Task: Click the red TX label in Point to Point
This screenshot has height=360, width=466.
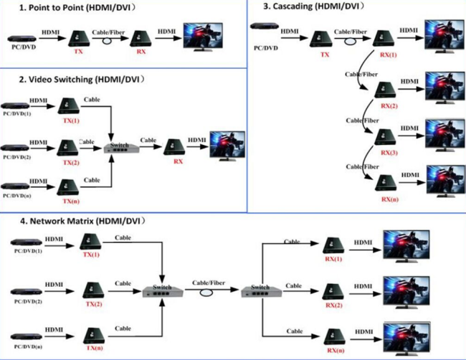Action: pyautogui.click(x=78, y=52)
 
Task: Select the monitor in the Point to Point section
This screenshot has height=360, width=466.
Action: pyautogui.click(x=203, y=37)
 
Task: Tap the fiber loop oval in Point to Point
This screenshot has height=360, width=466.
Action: pyautogui.click(x=107, y=41)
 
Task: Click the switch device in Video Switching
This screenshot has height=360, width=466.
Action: pyautogui.click(x=121, y=148)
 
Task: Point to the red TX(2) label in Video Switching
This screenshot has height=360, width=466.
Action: pyautogui.click(x=71, y=163)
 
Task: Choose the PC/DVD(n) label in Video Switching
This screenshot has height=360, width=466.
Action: pyautogui.click(x=17, y=196)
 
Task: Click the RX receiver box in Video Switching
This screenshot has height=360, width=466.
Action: pyautogui.click(x=174, y=147)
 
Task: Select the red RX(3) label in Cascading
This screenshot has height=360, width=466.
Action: pyautogui.click(x=389, y=153)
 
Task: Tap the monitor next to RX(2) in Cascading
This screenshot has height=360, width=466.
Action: pyautogui.click(x=445, y=87)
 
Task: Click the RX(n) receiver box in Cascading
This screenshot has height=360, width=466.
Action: pyautogui.click(x=386, y=183)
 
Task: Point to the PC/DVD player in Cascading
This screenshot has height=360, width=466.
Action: pyautogui.click(x=265, y=26)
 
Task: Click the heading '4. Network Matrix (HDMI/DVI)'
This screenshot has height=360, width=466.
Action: pyautogui.click(x=82, y=221)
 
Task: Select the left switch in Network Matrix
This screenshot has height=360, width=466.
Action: pyautogui.click(x=163, y=291)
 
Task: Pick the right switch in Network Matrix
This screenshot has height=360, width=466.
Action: pyautogui.click(x=261, y=291)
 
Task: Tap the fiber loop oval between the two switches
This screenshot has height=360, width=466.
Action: pyautogui.click(x=206, y=293)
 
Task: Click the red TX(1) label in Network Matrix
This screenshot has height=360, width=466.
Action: pyautogui.click(x=91, y=255)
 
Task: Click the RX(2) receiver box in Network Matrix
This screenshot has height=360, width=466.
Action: pyautogui.click(x=333, y=292)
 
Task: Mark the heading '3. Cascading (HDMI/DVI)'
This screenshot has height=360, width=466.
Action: pyautogui.click(x=313, y=6)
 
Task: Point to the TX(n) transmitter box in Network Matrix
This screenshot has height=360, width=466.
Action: pyautogui.click(x=94, y=336)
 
